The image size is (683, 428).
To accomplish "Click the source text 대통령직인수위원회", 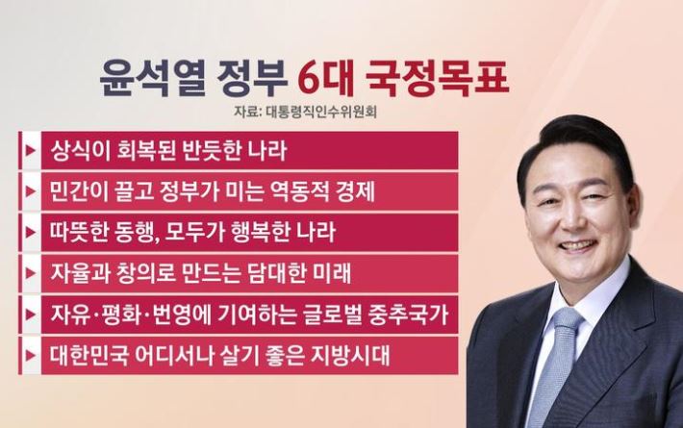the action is click(320, 112).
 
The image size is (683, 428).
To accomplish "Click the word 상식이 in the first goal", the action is click(79, 151).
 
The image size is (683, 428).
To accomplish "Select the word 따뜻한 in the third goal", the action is click(79, 233).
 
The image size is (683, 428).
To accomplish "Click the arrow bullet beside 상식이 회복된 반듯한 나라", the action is click(31, 151).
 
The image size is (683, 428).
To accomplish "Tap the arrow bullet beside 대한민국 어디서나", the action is click(31, 355).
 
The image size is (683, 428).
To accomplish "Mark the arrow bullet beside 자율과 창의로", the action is click(31, 273).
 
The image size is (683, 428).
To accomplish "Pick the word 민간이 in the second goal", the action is click(79, 191).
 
